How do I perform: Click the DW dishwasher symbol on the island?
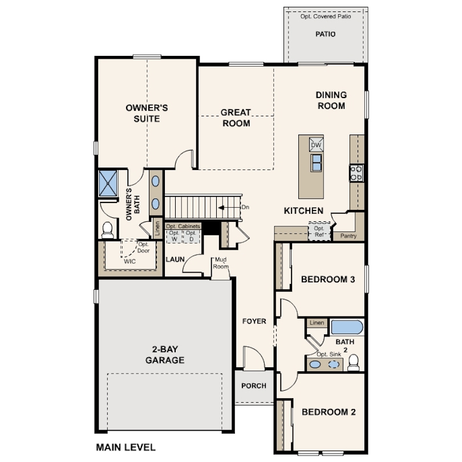click(x=316, y=145)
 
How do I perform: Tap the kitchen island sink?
click(x=317, y=163)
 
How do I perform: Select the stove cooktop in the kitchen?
click(x=356, y=173)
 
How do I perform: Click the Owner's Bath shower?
click(x=108, y=183)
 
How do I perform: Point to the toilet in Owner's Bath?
click(x=108, y=230)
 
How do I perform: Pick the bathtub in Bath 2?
click(x=347, y=327)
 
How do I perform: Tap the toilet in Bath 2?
click(x=353, y=363)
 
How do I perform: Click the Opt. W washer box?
click(x=174, y=237)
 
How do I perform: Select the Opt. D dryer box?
click(x=192, y=237)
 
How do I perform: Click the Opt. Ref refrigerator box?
click(x=319, y=232)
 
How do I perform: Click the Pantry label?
click(x=348, y=236)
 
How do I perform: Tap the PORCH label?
click(x=254, y=386)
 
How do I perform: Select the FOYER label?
click(x=254, y=321)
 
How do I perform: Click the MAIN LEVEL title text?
click(x=126, y=447)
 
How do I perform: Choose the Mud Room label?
click(x=221, y=263)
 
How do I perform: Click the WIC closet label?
click(x=129, y=261)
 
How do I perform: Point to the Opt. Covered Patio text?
click(x=326, y=17)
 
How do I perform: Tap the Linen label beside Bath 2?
click(x=317, y=323)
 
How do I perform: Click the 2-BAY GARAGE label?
click(x=165, y=354)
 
